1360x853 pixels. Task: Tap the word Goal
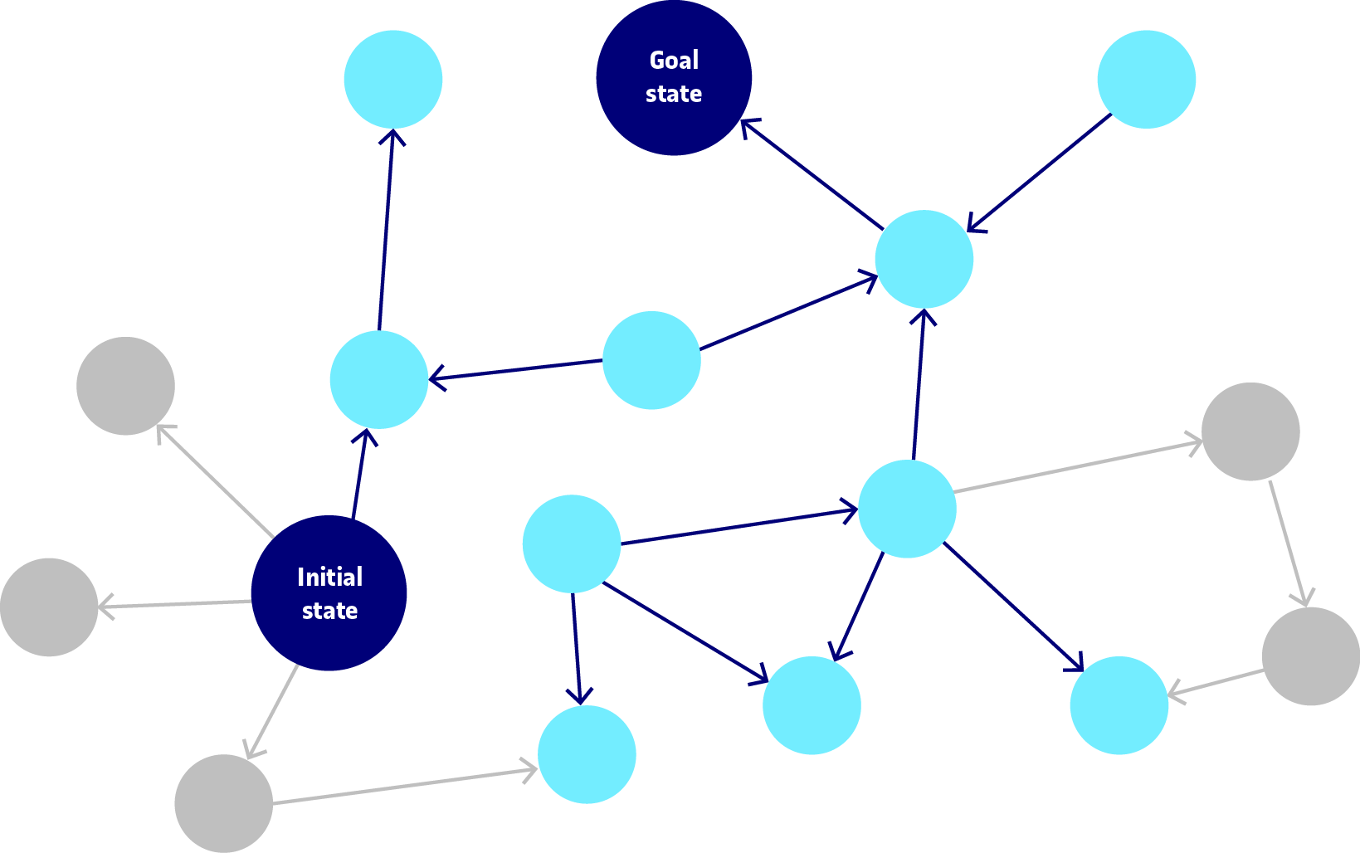click(674, 61)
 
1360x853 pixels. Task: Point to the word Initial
click(329, 577)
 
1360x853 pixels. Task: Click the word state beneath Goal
click(674, 94)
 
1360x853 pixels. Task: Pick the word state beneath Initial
click(329, 611)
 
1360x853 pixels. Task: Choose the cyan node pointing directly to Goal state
click(924, 259)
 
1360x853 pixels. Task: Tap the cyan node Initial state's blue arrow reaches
click(378, 379)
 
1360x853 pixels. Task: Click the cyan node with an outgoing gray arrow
click(907, 508)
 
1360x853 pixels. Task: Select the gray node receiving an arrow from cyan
click(1250, 431)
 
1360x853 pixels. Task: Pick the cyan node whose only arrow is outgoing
click(1146, 80)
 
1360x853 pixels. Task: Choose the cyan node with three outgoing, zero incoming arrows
click(572, 543)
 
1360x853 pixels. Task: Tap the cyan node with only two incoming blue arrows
click(811, 705)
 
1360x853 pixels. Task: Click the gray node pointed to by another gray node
click(1310, 656)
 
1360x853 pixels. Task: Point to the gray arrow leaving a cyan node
click(1079, 466)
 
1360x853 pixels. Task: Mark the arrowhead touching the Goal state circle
click(748, 126)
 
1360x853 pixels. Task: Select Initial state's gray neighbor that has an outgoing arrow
click(223, 802)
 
